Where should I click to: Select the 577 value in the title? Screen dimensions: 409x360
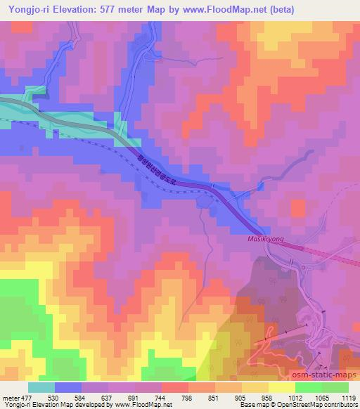[x=113, y=10]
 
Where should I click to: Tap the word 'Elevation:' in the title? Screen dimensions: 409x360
[x=77, y=10]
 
